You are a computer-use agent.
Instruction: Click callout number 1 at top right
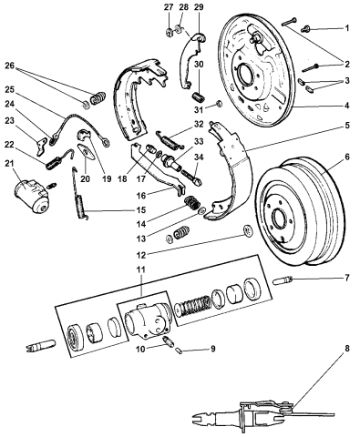(347, 29)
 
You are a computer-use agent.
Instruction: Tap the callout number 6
(347, 156)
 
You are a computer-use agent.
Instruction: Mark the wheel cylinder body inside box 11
(145, 318)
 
